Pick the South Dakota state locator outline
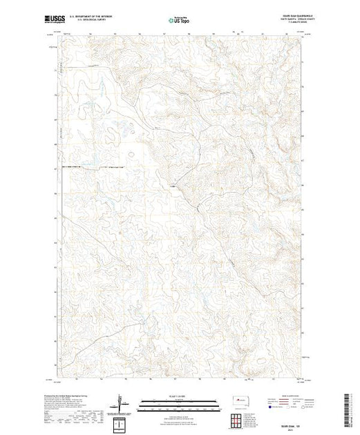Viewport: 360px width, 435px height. [x=241, y=400]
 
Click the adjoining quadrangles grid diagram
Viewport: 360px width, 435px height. [x=241, y=416]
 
